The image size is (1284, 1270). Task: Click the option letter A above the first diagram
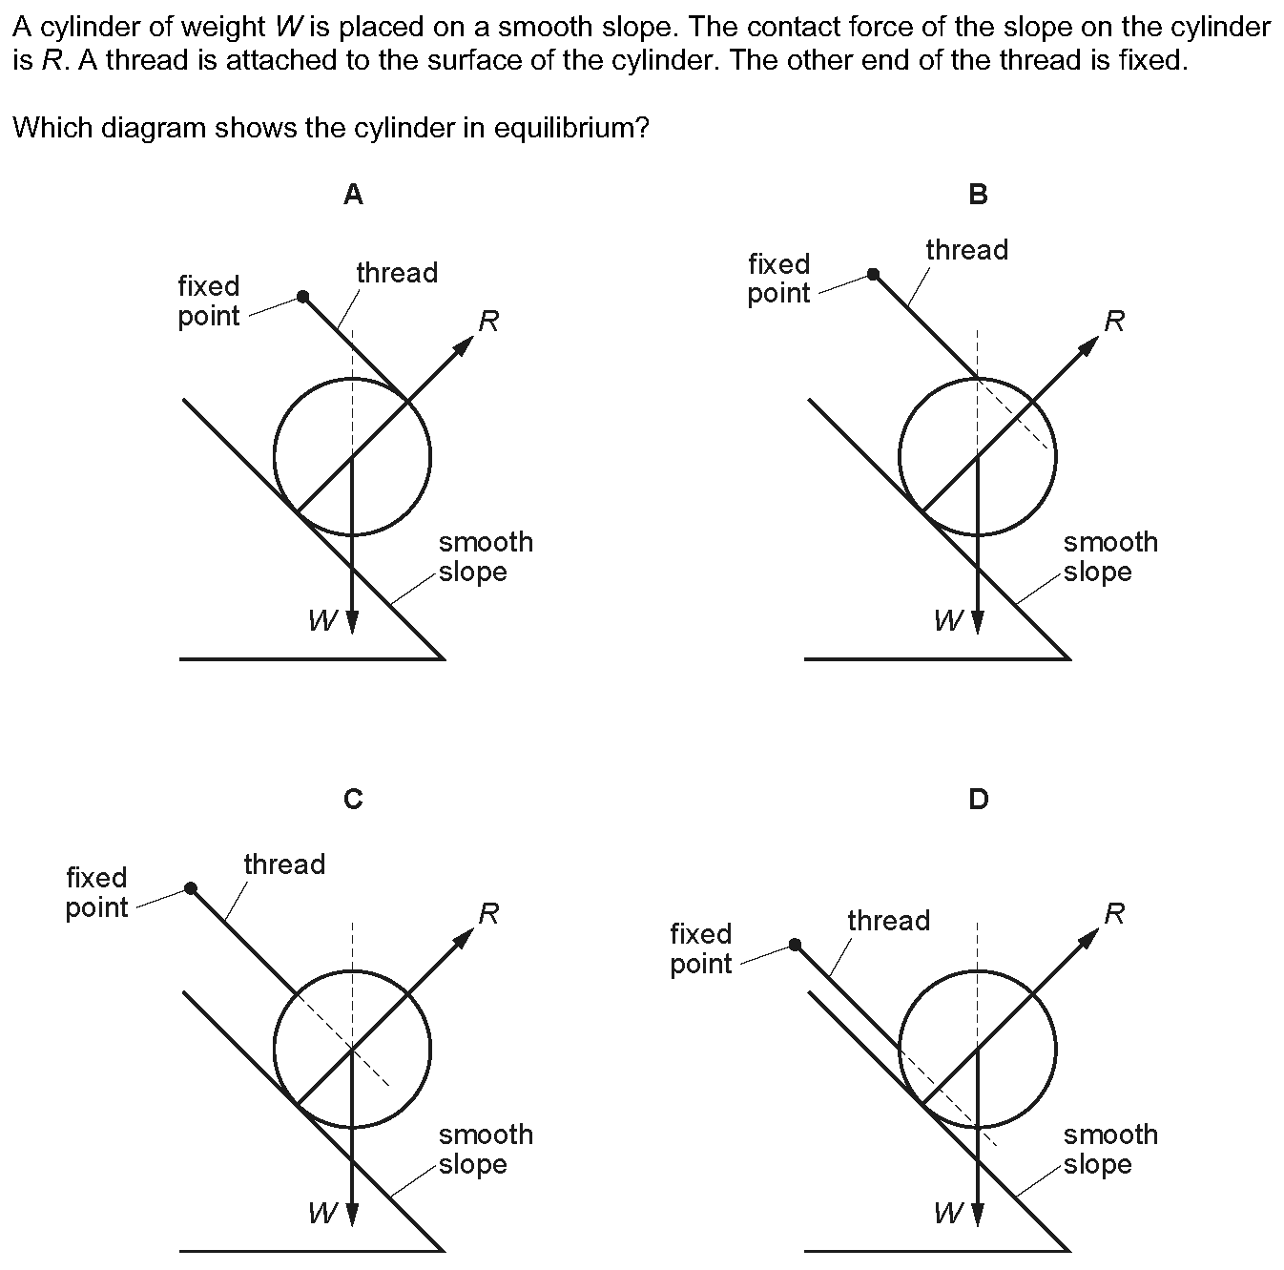(353, 194)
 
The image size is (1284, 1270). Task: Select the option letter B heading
(978, 194)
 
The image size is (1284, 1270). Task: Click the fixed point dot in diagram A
(302, 296)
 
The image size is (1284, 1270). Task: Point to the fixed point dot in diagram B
(873, 274)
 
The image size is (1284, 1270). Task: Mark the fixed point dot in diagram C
(191, 888)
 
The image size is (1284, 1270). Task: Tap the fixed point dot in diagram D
(795, 944)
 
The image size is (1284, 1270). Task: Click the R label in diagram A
(488, 322)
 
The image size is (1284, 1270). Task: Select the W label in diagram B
(947, 620)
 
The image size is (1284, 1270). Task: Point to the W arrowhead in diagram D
(978, 1214)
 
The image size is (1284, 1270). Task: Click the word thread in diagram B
(967, 250)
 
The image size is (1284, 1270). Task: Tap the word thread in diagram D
(888, 921)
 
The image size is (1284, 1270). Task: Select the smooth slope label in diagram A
(486, 556)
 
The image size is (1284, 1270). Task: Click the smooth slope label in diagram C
(486, 1149)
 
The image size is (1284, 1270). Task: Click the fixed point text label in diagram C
(96, 892)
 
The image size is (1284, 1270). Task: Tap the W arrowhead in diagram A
(353, 621)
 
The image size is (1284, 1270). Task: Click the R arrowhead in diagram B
(1087, 346)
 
